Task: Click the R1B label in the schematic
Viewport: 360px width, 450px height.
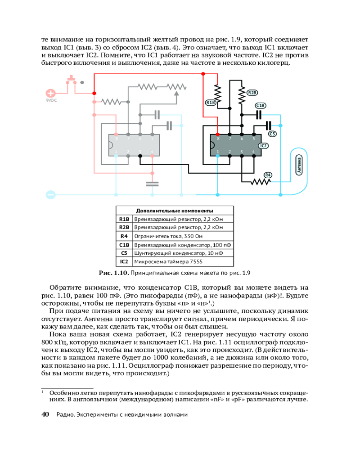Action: click(211, 103)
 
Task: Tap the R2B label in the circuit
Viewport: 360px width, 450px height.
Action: click(252, 93)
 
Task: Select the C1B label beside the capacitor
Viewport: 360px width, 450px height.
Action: click(261, 105)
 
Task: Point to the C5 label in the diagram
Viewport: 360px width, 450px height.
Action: click(273, 134)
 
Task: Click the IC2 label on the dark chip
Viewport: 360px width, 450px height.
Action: click(263, 146)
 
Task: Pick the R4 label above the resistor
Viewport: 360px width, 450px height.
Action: click(268, 175)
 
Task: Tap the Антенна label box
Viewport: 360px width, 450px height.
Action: click(299, 165)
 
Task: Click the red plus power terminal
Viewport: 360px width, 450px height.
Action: click(51, 94)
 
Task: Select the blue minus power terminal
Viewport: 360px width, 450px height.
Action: click(51, 195)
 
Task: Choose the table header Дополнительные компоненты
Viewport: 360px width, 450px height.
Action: click(175, 211)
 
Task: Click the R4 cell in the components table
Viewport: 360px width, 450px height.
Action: click(124, 236)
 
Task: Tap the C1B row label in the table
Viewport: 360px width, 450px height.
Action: click(124, 245)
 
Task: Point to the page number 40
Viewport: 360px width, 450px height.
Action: click(45, 414)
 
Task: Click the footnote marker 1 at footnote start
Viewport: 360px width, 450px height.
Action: click(42, 392)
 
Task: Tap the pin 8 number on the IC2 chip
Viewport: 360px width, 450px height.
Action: click(218, 139)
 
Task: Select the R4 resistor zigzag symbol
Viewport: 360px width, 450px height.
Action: click(260, 182)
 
